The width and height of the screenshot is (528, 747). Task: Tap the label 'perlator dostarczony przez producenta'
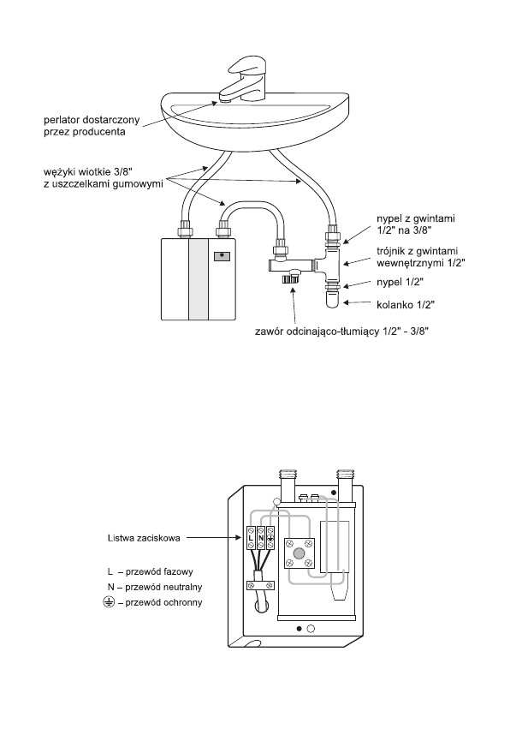coord(92,126)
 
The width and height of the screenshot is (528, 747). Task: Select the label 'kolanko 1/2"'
coord(405,304)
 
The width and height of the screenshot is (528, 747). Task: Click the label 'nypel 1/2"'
coord(400,282)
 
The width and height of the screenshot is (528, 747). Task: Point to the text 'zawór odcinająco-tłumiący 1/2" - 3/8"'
coord(341,332)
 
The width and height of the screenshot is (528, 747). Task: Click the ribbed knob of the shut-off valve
coord(289,278)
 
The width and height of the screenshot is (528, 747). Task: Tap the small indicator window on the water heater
coord(221,256)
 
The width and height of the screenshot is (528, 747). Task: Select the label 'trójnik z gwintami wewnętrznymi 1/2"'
coord(421,256)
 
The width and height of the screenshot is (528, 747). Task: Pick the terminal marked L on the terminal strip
coord(251,538)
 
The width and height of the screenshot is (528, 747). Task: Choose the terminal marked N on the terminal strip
coord(261,538)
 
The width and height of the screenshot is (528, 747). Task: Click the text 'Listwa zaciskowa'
coord(144,538)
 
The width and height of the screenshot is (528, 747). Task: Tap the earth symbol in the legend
coord(109,602)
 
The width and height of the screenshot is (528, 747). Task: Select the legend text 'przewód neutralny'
coord(163,587)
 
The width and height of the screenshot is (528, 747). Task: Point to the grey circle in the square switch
coord(299,553)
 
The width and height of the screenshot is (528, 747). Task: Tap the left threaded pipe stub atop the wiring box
coord(288,481)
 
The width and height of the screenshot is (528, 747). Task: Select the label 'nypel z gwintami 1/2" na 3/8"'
coord(416,224)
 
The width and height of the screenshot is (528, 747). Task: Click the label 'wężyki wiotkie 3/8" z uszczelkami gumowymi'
coord(104,177)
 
